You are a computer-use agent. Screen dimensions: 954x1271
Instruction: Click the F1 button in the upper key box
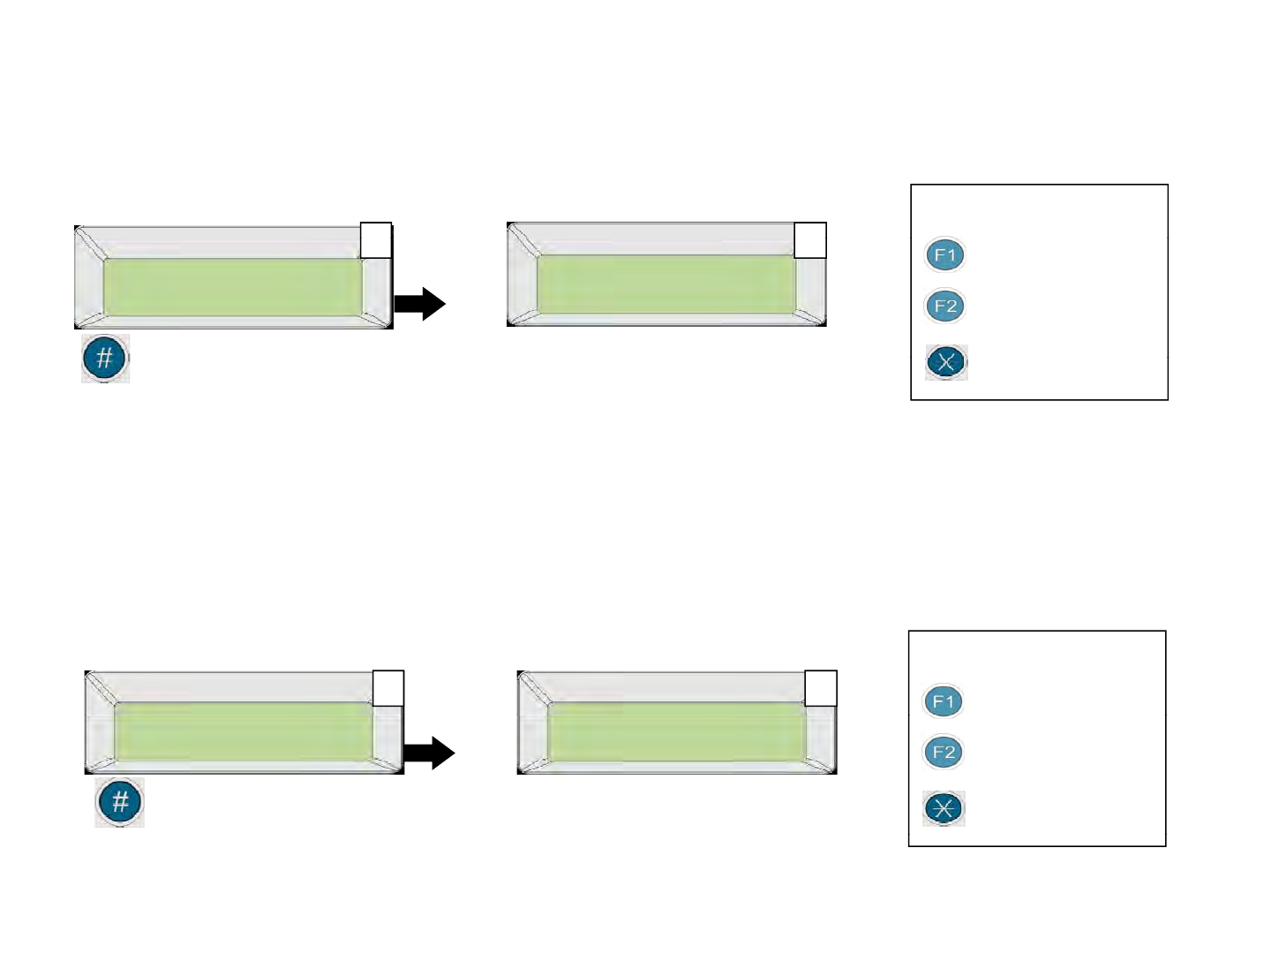pyautogui.click(x=945, y=255)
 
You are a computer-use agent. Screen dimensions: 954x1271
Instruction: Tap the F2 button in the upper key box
pyautogui.click(x=945, y=307)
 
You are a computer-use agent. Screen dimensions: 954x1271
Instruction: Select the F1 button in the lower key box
pyautogui.click(x=944, y=702)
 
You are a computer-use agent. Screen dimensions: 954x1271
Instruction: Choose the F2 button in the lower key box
pyautogui.click(x=944, y=753)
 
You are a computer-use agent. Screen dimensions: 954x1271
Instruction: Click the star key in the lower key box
pyautogui.click(x=944, y=808)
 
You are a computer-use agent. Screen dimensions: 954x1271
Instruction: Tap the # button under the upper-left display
pyautogui.click(x=105, y=359)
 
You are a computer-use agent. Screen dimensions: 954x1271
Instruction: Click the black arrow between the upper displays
pyautogui.click(x=420, y=304)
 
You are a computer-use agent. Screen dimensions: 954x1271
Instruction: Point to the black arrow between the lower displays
pyautogui.click(x=429, y=753)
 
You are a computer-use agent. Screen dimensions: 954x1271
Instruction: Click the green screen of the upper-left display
pyautogui.click(x=233, y=287)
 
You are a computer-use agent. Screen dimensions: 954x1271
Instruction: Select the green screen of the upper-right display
pyautogui.click(x=666, y=284)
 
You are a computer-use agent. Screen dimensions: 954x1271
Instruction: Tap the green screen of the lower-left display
pyautogui.click(x=244, y=732)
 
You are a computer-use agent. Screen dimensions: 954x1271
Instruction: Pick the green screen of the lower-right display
pyautogui.click(x=676, y=732)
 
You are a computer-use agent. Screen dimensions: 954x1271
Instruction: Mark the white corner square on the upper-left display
pyautogui.click(x=376, y=240)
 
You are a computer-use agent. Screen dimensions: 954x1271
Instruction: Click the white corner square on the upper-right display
pyautogui.click(x=810, y=240)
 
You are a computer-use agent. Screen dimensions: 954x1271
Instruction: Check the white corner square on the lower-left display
pyautogui.click(x=388, y=688)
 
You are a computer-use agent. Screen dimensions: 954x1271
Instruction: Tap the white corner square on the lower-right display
pyautogui.click(x=821, y=688)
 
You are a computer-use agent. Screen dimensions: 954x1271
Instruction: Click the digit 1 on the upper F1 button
pyautogui.click(x=951, y=255)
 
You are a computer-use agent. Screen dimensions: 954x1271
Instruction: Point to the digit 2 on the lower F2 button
pyautogui.click(x=950, y=753)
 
